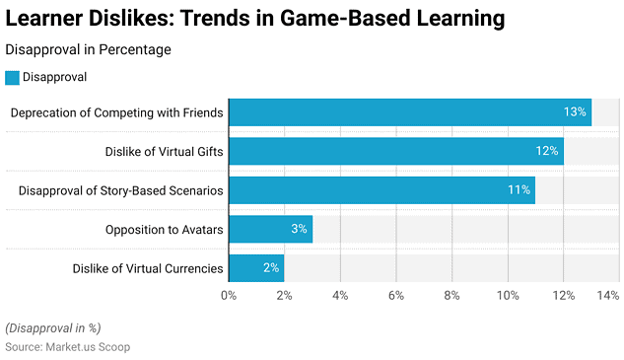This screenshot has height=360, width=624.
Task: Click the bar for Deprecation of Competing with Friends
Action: [409, 112]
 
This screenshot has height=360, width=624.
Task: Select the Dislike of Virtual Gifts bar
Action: [395, 151]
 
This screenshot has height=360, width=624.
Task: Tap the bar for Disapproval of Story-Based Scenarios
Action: [381, 189]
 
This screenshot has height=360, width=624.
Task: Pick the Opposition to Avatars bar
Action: [270, 229]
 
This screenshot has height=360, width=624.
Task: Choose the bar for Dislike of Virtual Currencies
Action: [256, 267]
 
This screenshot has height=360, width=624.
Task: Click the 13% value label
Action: [575, 112]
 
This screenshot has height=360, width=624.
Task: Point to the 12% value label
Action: [547, 151]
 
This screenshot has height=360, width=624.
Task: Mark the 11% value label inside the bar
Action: [519, 189]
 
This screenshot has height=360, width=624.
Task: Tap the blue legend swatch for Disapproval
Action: [12, 77]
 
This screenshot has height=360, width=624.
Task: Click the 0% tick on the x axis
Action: [229, 295]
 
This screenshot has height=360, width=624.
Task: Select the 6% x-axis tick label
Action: [396, 295]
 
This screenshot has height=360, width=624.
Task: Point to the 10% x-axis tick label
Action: [508, 295]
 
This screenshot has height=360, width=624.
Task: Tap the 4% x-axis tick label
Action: [340, 295]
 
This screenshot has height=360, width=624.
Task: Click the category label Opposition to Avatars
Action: [164, 229]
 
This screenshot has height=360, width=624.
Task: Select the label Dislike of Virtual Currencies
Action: [148, 267]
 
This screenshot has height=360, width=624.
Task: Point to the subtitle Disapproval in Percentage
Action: [88, 49]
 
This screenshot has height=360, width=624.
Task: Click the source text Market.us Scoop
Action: [67, 347]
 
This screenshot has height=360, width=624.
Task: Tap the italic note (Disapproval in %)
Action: [52, 327]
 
